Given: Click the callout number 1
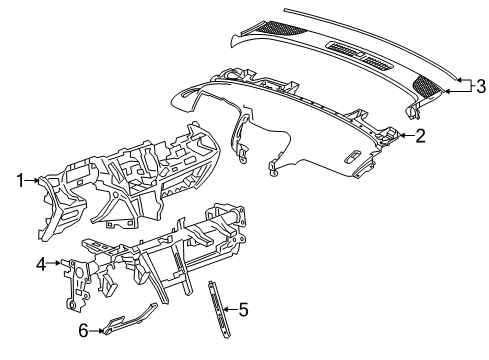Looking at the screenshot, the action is [19, 180].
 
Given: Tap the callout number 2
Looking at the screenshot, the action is [421, 135].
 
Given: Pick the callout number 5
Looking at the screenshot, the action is [244, 310].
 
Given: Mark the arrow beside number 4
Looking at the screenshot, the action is [57, 266].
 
